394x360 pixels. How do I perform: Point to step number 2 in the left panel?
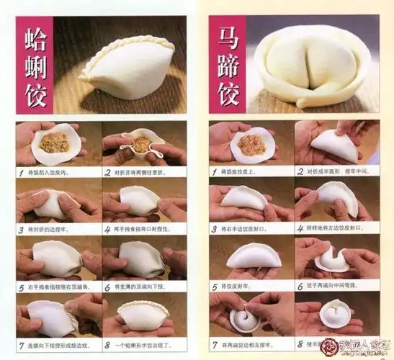(107, 172)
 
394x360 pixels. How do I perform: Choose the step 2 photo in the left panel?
(143, 144)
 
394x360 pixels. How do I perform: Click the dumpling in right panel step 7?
(245, 317)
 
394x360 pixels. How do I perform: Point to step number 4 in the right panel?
(300, 229)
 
